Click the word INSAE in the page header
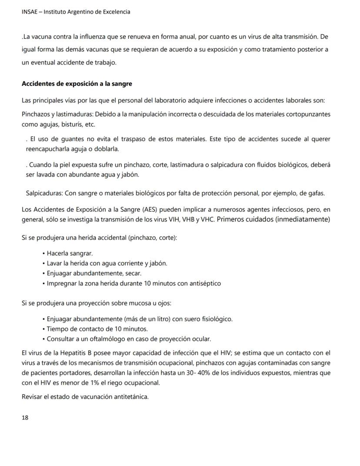(30, 12)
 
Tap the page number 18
(25, 417)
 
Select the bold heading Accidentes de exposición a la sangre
(77, 84)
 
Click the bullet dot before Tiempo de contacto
(44, 329)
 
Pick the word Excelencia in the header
(115, 12)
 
